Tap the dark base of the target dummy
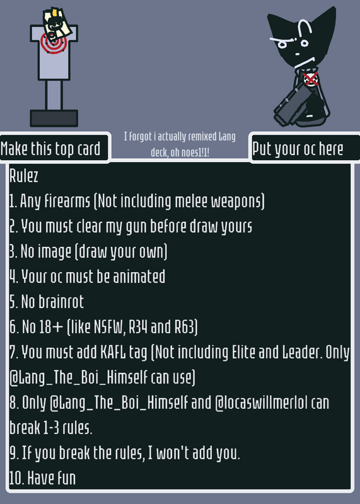click(54, 118)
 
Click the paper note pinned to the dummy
click(57, 24)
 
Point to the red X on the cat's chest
click(310, 79)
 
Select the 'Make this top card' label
click(50, 149)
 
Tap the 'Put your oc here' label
click(298, 149)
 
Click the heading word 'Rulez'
click(24, 176)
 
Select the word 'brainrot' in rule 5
click(61, 302)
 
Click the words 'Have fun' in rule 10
click(52, 478)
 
